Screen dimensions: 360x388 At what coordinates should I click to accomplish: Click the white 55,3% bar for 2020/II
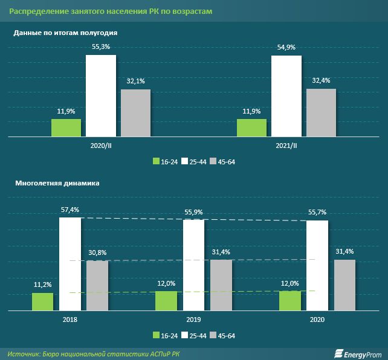101,97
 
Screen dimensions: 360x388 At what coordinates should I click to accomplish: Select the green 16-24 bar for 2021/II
251,128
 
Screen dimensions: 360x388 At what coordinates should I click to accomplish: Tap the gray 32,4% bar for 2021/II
321,113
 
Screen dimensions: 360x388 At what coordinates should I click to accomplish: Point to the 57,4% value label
70,210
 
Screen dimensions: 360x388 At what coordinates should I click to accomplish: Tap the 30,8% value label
97,252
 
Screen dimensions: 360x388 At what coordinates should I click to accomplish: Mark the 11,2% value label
42,284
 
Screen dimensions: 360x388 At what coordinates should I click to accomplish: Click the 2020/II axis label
101,146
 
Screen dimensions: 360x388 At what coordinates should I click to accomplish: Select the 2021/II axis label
286,146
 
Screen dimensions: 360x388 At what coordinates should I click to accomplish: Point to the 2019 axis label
193,320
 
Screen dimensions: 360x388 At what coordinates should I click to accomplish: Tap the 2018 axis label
70,320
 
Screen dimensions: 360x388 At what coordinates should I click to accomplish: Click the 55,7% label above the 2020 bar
317,213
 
